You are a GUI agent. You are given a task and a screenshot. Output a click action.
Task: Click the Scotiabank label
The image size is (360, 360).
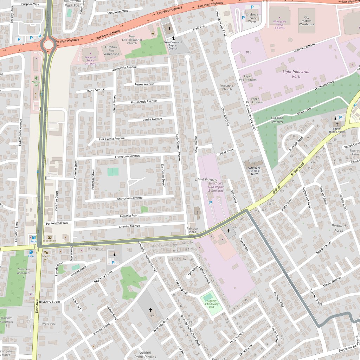[x=49, y=241]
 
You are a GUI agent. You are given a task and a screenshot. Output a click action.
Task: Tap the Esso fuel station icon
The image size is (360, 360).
[x=31, y=252]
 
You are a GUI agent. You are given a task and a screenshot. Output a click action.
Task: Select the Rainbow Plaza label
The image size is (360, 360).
[x=192, y=230]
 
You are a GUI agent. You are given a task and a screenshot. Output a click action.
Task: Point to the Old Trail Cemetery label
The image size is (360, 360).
[x=277, y=120]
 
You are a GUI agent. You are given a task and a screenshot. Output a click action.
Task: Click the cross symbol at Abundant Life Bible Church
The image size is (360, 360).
[x=254, y=163]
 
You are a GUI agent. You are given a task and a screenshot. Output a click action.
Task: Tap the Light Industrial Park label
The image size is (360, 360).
[x=296, y=74]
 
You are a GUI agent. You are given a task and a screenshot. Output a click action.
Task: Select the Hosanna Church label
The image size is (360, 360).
[x=227, y=87]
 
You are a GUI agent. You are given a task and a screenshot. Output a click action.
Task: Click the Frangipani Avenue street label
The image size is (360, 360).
[x=127, y=156]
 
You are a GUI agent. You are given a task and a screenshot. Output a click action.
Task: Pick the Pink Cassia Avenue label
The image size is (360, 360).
[x=111, y=139]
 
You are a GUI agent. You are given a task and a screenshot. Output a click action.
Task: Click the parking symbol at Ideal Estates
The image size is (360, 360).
[x=211, y=203]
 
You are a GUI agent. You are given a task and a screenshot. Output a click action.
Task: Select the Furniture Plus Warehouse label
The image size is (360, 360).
[x=111, y=51]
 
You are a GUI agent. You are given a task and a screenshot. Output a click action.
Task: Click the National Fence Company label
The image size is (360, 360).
[x=90, y=60]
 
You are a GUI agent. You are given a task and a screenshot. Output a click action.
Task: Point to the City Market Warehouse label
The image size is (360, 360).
[x=307, y=21]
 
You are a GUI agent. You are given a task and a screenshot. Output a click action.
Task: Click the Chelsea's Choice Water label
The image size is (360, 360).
[x=252, y=18]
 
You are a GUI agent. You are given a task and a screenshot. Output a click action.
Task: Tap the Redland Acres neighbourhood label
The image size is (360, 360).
[x=339, y=228]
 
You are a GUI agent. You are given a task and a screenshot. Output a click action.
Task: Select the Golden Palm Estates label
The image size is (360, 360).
[x=145, y=354]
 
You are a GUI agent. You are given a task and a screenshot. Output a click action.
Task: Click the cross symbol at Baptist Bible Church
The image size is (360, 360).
[x=337, y=124]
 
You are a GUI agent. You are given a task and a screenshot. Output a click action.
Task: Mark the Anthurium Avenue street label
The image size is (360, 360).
[x=129, y=198]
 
